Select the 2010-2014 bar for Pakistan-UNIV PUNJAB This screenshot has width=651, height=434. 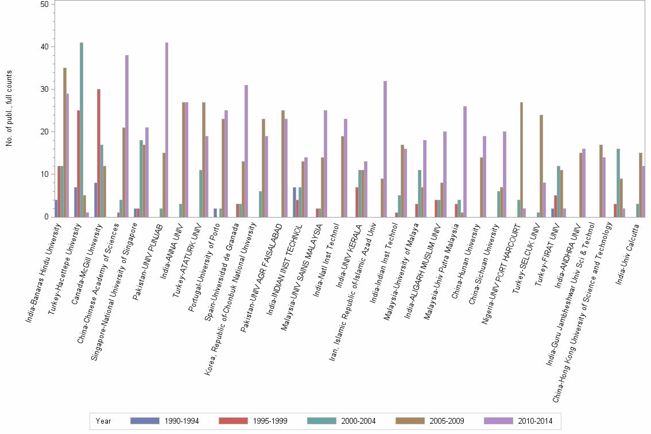pos(167,130)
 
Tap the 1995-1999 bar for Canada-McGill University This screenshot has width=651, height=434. pos(98,153)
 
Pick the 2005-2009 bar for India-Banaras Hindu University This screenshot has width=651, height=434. pos(65,142)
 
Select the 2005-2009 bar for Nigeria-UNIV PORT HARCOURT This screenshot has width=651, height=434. pos(521,160)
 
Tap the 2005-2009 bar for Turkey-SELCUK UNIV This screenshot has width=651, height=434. pos(541,166)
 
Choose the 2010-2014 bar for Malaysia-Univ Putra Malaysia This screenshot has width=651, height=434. pos(464,161)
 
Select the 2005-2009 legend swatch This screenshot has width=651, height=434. pos(409,421)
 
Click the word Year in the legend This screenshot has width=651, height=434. pos(104,421)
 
